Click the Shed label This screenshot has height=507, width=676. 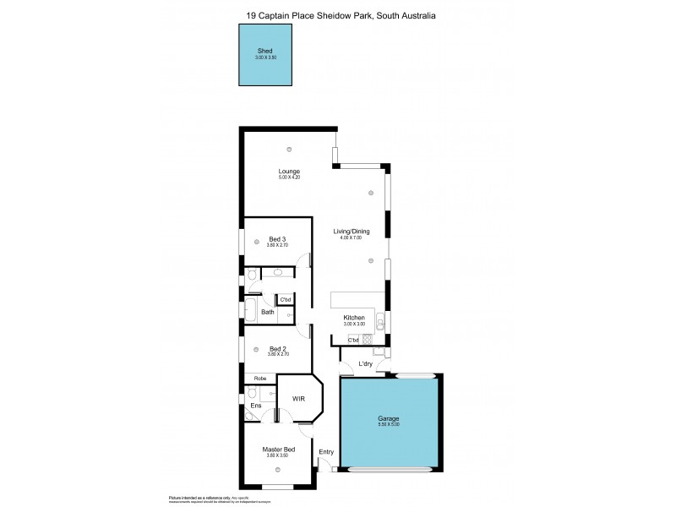coord(265,52)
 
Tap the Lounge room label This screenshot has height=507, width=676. coord(289,172)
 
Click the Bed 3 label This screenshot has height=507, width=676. coord(278,239)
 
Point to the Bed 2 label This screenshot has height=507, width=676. coord(278,349)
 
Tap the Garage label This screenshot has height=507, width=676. coord(389,418)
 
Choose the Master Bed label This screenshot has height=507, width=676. coord(278,450)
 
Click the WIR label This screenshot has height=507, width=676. coord(297,398)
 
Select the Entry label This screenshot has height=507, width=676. coord(325,452)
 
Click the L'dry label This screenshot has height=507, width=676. coord(365,364)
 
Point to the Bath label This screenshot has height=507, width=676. coord(267,313)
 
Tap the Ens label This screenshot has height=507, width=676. coord(256,406)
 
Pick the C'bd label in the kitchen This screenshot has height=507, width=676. coord(353,340)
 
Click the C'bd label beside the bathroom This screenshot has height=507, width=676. coord(286,299)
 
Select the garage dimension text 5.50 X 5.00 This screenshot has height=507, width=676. coord(389,424)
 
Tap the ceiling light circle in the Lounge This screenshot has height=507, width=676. coord(289,149)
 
